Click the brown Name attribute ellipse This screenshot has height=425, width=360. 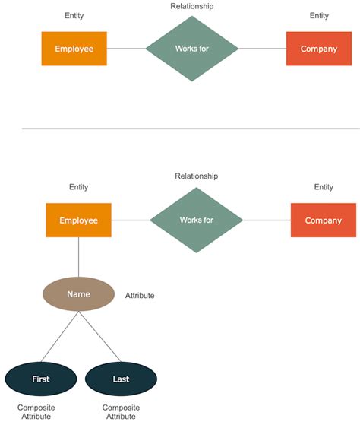tap(79, 294)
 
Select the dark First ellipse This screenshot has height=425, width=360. tap(41, 378)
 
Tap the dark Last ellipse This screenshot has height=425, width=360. tap(121, 378)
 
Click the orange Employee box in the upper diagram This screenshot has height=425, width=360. tap(74, 49)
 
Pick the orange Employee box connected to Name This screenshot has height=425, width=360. tap(78, 220)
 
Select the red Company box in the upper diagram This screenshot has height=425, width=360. tap(319, 49)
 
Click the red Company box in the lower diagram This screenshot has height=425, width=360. tap(324, 220)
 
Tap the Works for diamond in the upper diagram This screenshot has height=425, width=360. tap(191, 49)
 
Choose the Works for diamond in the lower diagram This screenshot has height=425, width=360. tap(196, 220)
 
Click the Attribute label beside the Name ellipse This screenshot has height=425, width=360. tap(140, 295)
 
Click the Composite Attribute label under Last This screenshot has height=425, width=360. tap(121, 412)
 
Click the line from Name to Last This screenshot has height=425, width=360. tap(99, 336)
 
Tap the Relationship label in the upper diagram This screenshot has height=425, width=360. tap(191, 6)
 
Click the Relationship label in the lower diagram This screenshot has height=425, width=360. tap(196, 176)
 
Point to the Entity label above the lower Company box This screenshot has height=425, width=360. tap(324, 187)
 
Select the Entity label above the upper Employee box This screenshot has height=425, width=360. tap(74, 16)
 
